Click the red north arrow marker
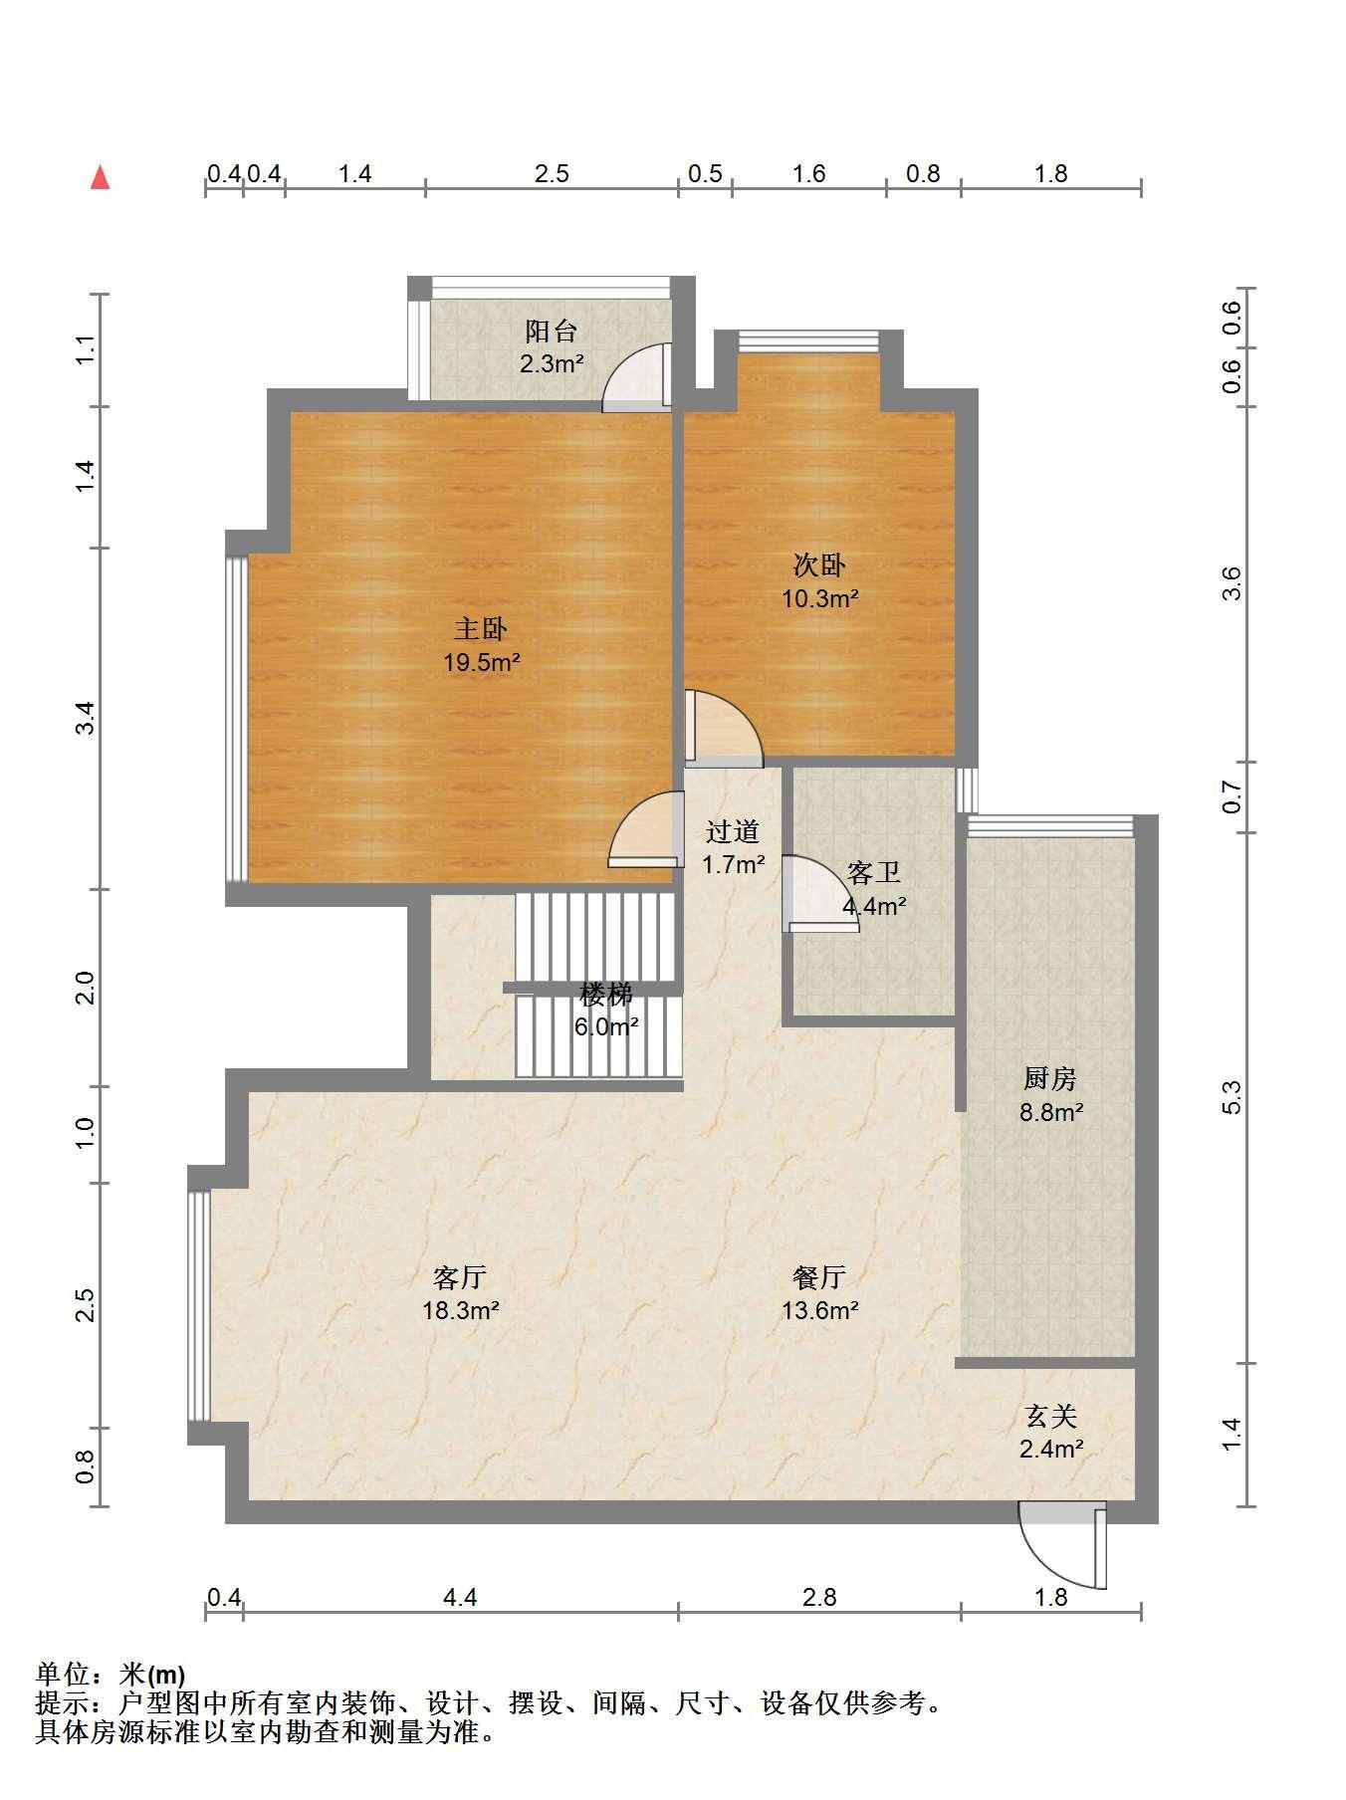click(100, 177)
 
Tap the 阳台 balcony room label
click(552, 331)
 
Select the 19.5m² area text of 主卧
click(482, 662)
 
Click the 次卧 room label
click(819, 565)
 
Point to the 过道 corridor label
click(733, 831)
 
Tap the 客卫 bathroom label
click(874, 873)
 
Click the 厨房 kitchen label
click(1050, 1078)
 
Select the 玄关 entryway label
click(1051, 1416)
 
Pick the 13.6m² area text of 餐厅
click(819, 1310)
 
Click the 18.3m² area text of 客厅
click(460, 1310)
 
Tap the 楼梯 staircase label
click(606, 994)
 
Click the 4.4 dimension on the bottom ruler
click(460, 1598)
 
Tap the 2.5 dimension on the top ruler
click(552, 174)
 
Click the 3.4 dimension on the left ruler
click(87, 718)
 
